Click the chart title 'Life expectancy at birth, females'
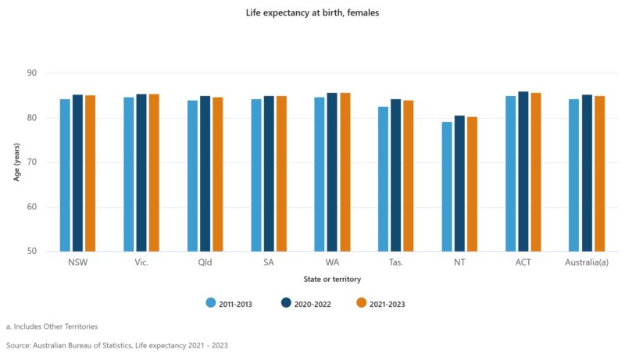click(312, 12)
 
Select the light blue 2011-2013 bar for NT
click(446, 187)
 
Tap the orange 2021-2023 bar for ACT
click(536, 172)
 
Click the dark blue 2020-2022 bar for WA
click(332, 172)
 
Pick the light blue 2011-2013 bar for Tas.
click(383, 179)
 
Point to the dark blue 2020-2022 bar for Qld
click(205, 173)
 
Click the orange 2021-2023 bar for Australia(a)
click(599, 173)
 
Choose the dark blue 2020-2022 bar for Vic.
click(141, 173)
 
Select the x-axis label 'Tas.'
click(395, 262)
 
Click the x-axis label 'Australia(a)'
click(587, 262)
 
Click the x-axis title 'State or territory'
click(332, 279)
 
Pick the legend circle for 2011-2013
click(211, 303)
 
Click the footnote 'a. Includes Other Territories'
click(52, 326)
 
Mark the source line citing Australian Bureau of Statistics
click(117, 344)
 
